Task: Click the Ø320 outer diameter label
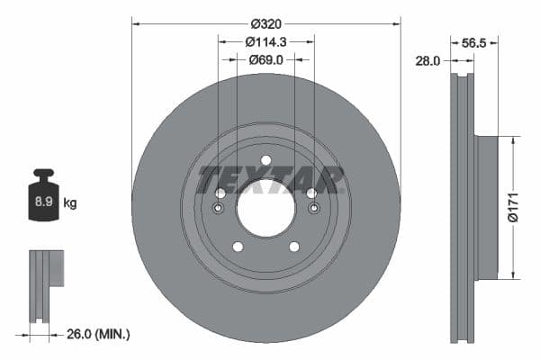click(x=265, y=22)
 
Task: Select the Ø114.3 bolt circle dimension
click(x=265, y=41)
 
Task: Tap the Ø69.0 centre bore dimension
click(x=265, y=59)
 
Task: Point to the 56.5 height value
click(x=473, y=41)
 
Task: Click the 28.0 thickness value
click(x=427, y=60)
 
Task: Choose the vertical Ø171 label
click(x=511, y=207)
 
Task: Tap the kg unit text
click(x=70, y=203)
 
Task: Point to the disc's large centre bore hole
click(x=265, y=208)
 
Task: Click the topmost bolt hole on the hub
click(x=265, y=160)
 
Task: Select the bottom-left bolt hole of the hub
click(x=238, y=247)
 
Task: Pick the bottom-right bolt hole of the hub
click(x=293, y=247)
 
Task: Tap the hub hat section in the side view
click(x=486, y=207)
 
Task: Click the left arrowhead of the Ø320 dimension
click(x=135, y=22)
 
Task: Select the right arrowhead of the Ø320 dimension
click(x=397, y=22)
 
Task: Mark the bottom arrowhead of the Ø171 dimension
click(x=513, y=276)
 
